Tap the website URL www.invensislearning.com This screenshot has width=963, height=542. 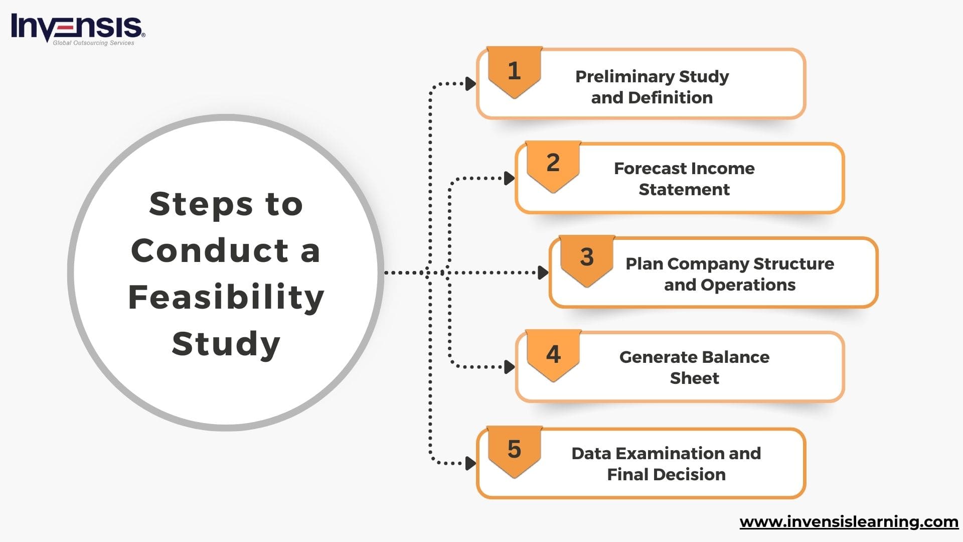click(849, 522)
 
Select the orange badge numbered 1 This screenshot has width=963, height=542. click(514, 71)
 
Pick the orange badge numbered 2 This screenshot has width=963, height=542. click(553, 165)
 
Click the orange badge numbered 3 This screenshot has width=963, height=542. click(587, 259)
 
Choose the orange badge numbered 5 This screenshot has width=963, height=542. click(514, 450)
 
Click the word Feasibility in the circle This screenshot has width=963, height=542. click(226, 297)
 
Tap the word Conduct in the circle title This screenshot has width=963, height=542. click(210, 250)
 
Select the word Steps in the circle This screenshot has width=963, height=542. click(201, 204)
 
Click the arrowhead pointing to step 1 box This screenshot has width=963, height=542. click(470, 84)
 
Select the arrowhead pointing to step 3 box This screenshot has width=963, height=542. click(543, 273)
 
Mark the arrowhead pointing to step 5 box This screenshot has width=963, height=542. click(470, 463)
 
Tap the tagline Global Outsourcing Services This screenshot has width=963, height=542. click(93, 43)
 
